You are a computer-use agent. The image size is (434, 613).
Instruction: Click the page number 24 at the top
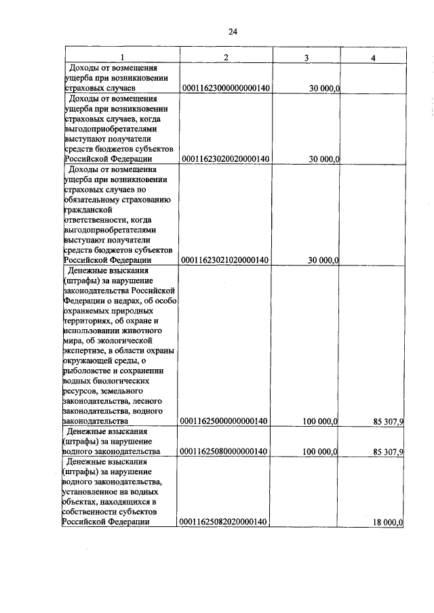(x=233, y=31)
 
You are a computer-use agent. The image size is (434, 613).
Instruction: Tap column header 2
(x=226, y=57)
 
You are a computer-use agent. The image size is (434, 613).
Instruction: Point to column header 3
(x=307, y=58)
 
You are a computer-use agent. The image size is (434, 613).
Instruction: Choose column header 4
(x=372, y=58)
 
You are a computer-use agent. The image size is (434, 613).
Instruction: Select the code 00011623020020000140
(x=226, y=159)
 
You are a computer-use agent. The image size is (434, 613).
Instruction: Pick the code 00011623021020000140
(x=226, y=260)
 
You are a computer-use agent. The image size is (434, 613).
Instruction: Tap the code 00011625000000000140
(x=226, y=421)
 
